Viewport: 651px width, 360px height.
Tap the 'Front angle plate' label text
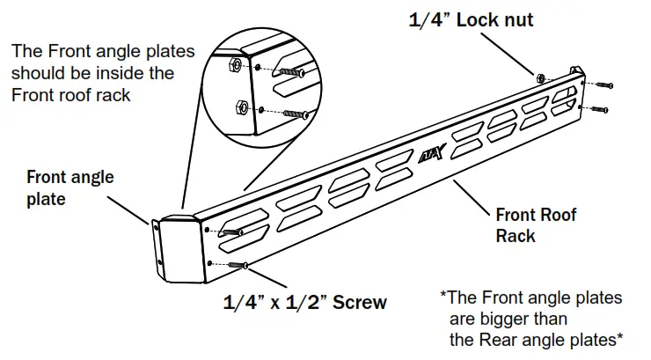70,187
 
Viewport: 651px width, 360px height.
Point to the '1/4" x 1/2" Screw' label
304,302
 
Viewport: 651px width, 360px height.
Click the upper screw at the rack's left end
230,231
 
